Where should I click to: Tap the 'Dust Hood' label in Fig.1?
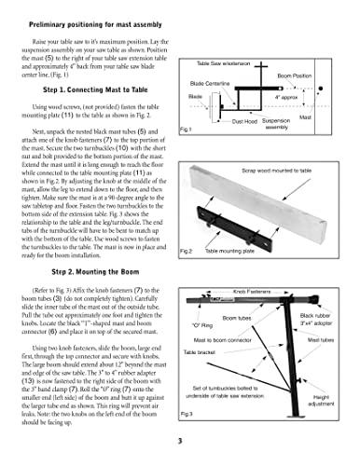(x=243, y=121)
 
